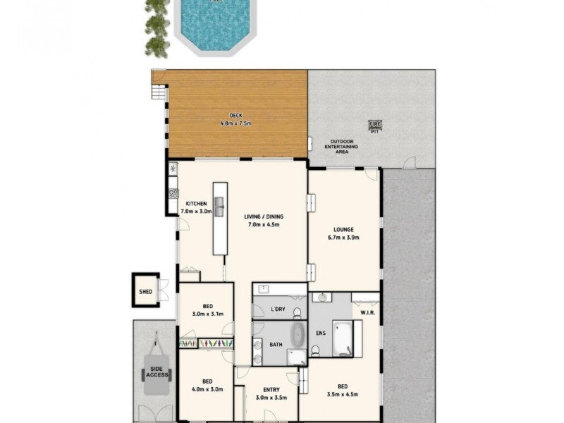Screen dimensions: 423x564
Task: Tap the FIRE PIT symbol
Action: [374, 126]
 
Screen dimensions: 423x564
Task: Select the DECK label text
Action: [235, 116]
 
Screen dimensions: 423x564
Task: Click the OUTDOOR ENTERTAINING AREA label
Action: [341, 146]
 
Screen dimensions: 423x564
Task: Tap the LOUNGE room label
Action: [344, 229]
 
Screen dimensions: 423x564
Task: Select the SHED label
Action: [145, 290]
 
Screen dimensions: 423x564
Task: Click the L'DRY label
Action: [278, 309]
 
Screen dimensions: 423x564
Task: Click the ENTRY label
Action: [271, 390]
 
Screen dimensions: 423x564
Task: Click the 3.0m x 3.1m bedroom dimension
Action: [207, 314]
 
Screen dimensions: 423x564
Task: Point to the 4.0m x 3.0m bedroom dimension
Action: [207, 388]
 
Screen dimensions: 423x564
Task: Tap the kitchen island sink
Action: [219, 207]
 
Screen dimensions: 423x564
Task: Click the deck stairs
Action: [160, 92]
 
